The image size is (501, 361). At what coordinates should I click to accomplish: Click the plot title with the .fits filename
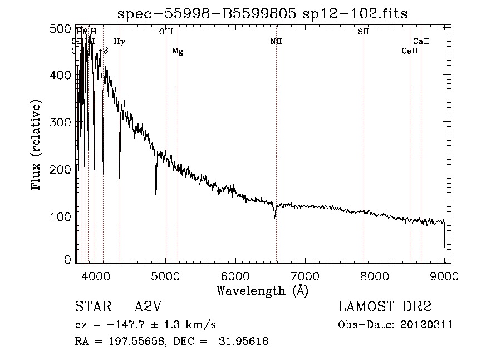click(x=262, y=14)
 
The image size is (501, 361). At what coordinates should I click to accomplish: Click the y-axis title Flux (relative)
click(x=37, y=146)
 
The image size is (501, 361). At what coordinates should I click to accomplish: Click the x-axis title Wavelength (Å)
click(x=262, y=290)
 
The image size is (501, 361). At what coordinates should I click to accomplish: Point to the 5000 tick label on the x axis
click(x=166, y=275)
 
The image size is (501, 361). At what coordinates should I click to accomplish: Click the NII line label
click(x=276, y=41)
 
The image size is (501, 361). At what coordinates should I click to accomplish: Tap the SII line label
click(x=364, y=32)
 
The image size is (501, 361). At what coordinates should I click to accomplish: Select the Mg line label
click(x=178, y=51)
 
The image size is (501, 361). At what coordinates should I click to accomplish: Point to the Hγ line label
click(x=120, y=41)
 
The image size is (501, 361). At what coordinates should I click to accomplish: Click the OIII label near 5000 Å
click(x=166, y=32)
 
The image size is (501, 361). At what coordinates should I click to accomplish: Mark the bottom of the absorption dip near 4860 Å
click(x=156, y=197)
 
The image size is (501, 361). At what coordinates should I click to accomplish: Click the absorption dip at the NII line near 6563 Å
click(x=275, y=217)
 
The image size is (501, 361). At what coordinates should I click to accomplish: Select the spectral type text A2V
click(x=148, y=308)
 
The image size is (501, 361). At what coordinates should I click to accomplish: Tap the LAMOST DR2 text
click(x=385, y=308)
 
